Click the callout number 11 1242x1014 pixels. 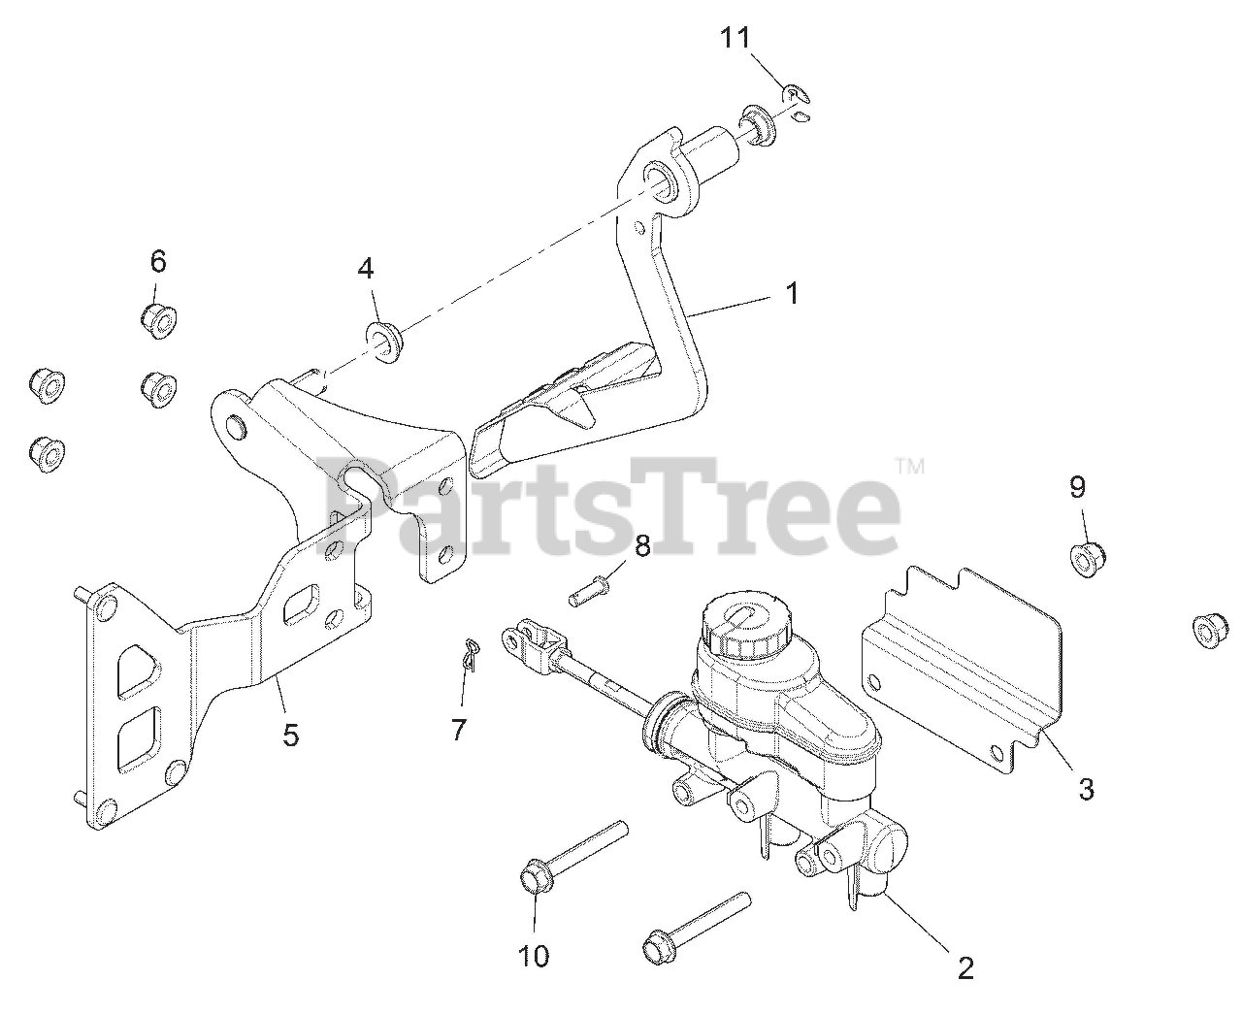click(x=735, y=39)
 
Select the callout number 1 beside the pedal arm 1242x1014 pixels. click(x=792, y=292)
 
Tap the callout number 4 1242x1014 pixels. click(x=365, y=269)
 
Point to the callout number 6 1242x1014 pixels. click(x=158, y=261)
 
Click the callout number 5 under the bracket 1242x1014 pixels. click(x=290, y=735)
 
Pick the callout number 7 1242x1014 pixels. click(x=459, y=729)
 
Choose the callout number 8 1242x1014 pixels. click(x=642, y=545)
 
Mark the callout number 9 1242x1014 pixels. click(x=1078, y=487)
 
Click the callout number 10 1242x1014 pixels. click(x=534, y=956)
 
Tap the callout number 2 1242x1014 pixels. click(x=964, y=966)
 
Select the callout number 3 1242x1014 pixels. click(x=1086, y=790)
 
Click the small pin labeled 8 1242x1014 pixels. click(x=585, y=590)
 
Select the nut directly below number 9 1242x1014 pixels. click(x=1088, y=558)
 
